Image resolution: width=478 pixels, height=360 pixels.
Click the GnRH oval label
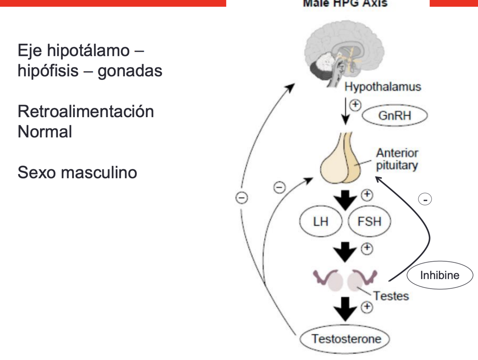(395, 116)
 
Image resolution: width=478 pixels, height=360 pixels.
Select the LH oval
(320, 221)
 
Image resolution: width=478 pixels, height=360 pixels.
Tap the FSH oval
(369, 221)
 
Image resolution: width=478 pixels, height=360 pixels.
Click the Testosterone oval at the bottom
(345, 339)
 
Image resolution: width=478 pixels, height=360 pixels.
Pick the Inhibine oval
(440, 275)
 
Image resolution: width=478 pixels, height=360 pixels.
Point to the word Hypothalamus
(383, 87)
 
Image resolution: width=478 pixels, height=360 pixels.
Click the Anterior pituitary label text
(397, 159)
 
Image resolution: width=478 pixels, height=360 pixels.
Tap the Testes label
(391, 296)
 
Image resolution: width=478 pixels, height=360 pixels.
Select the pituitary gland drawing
(340, 161)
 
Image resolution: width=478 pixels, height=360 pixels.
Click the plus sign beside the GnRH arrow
(355, 105)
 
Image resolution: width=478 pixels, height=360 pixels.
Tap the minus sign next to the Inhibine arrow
(425, 200)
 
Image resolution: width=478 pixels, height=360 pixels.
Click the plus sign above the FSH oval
(367, 195)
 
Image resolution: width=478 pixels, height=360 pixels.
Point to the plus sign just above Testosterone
(367, 307)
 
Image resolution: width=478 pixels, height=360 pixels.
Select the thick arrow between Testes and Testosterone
(345, 308)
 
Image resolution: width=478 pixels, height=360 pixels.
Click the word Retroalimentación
(86, 111)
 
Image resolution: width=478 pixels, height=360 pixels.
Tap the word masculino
(99, 172)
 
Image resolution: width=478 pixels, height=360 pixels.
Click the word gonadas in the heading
(130, 71)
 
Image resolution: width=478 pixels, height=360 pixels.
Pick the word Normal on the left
(45, 132)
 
